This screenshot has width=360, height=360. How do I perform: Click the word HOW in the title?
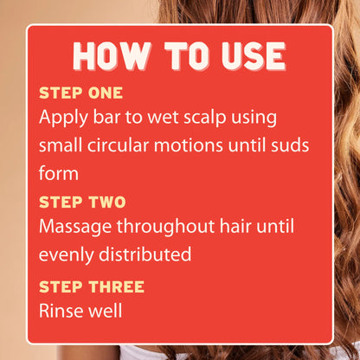click(112, 56)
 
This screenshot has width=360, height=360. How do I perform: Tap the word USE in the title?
click(254, 56)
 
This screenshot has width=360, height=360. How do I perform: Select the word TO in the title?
click(186, 56)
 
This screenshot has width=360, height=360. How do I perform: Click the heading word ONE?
click(106, 93)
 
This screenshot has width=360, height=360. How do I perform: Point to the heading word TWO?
click(107, 202)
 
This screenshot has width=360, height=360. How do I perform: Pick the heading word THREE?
click(117, 286)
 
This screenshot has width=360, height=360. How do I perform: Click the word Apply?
click(63, 119)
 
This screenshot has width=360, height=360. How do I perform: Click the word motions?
click(189, 145)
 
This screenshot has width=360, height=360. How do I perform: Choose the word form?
click(59, 173)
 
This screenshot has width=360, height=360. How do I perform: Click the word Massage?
click(75, 228)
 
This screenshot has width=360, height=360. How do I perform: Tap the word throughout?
click(165, 228)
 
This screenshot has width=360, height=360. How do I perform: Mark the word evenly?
click(67, 255)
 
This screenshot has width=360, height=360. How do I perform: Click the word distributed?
click(145, 254)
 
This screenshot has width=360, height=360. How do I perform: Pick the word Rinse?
click(61, 311)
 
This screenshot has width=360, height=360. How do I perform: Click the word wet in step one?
click(163, 118)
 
